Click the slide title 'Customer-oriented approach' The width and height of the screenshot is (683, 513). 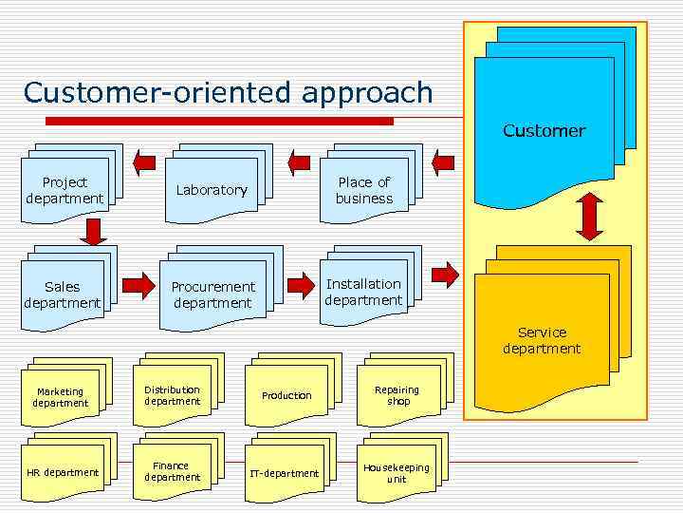[228, 92]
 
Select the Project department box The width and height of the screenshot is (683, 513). [65, 190]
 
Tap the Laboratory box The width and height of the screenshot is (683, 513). [212, 190]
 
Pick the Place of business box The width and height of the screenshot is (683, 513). [364, 190]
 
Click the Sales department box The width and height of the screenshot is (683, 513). [62, 294]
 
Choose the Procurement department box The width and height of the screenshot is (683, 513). [213, 294]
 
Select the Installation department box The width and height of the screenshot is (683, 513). [363, 292]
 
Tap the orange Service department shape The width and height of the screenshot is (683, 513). [542, 340]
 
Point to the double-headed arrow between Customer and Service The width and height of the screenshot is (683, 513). [590, 217]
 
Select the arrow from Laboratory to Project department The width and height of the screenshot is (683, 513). [145, 161]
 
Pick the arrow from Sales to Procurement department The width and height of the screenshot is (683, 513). [138, 284]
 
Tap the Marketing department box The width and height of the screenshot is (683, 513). [61, 397]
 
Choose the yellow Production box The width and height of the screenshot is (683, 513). [286, 395]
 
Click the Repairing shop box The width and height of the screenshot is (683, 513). [397, 395]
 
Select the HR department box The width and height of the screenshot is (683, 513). [63, 472]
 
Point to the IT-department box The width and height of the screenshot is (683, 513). [285, 472]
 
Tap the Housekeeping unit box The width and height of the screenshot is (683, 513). [397, 472]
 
